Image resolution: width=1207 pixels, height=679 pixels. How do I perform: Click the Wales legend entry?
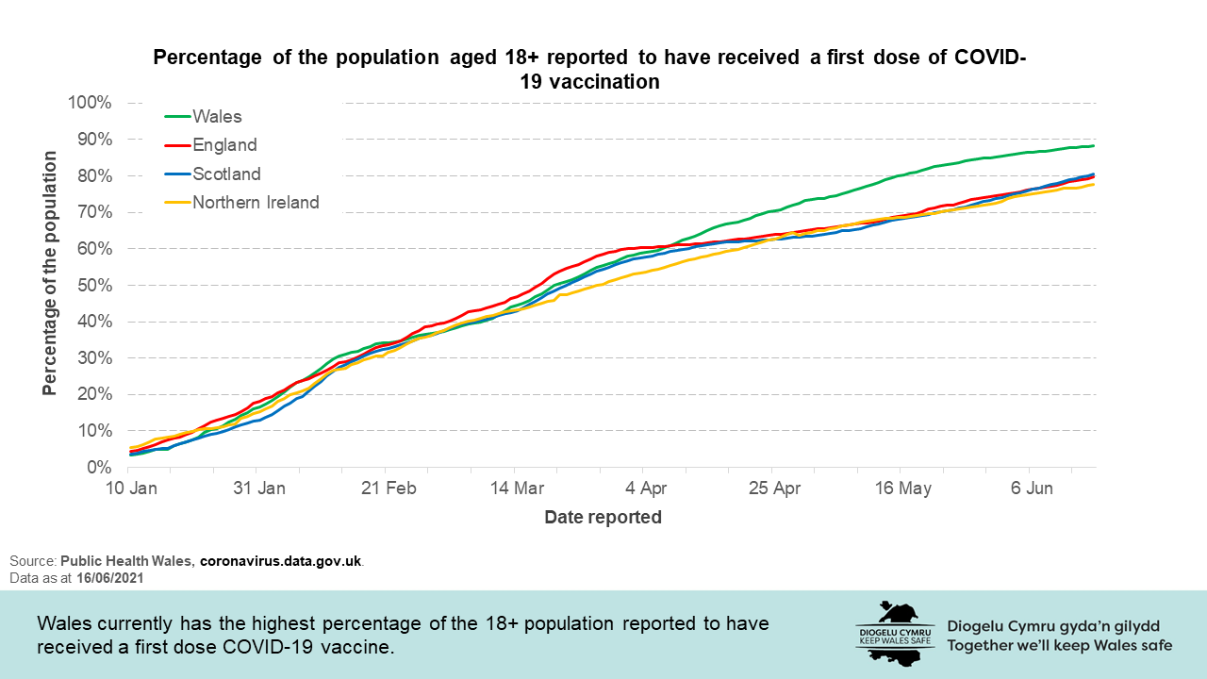tap(217, 117)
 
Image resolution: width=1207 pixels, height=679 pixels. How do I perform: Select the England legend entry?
tap(224, 145)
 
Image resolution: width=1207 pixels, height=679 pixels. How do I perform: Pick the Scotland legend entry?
tap(226, 174)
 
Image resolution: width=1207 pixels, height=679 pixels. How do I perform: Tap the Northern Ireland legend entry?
tap(256, 202)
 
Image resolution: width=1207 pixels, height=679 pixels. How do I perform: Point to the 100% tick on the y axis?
tap(91, 102)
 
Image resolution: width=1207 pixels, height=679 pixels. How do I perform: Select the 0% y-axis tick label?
tap(100, 467)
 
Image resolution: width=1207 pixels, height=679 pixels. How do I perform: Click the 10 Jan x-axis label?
tap(129, 489)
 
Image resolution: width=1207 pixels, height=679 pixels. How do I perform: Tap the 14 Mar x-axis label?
tap(515, 489)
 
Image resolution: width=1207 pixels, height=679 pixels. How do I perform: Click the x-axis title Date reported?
tap(603, 517)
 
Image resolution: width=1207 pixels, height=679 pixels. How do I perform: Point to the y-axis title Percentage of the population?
tap(49, 272)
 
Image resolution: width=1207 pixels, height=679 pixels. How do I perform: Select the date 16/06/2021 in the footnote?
tap(112, 577)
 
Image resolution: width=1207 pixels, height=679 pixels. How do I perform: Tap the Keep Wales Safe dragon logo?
tap(895, 632)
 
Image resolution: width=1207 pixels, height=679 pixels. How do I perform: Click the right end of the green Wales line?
tap(1092, 146)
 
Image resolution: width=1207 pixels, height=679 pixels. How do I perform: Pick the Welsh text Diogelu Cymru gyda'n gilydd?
tap(1052, 626)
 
